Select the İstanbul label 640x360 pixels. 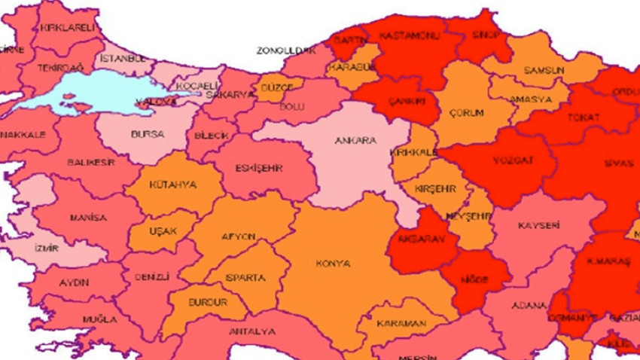[122, 58]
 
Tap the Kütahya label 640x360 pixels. [172, 185]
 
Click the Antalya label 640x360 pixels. [254, 331]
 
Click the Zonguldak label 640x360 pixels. [285, 50]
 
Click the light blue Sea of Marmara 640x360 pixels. [83, 94]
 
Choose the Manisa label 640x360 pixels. [88, 218]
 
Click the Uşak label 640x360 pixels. [163, 230]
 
